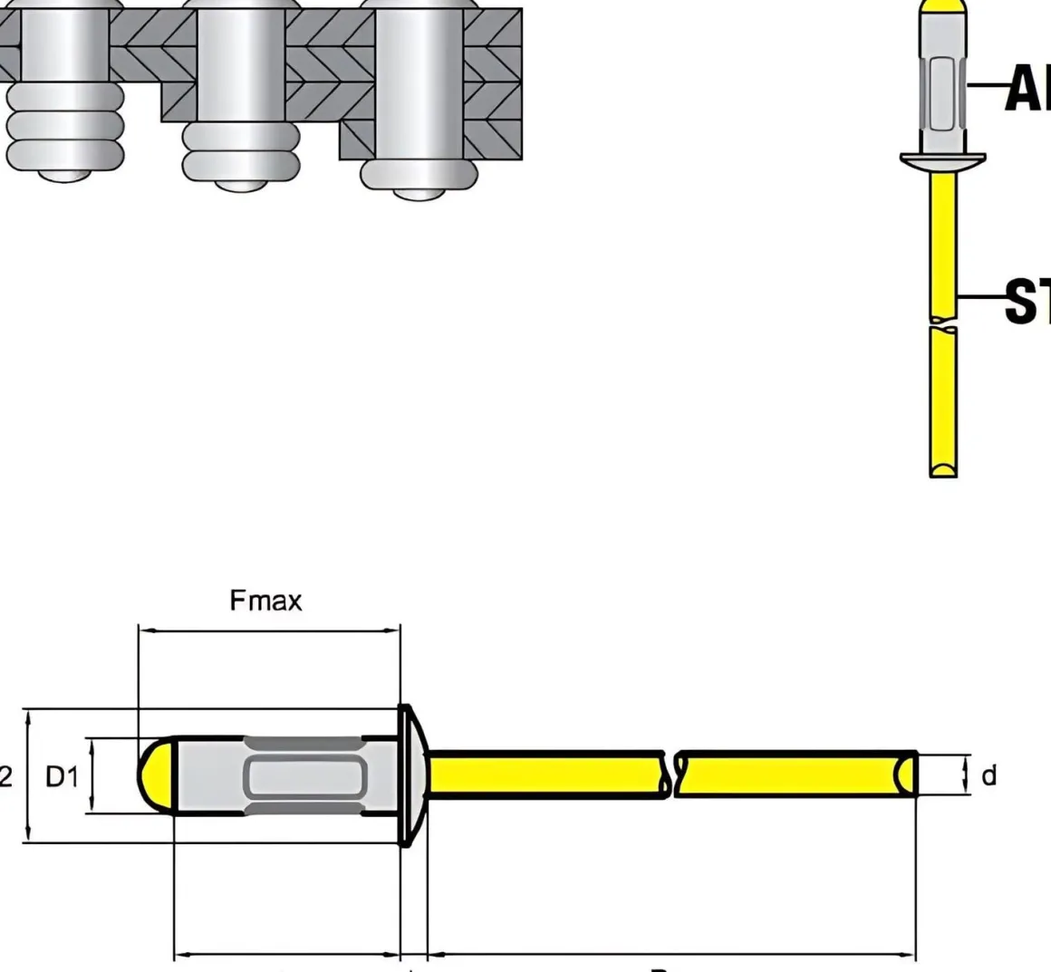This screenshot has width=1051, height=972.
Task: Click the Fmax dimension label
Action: [x=265, y=600]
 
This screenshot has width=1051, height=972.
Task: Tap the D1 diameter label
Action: [x=63, y=776]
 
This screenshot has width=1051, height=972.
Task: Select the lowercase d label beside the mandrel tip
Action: [x=988, y=775]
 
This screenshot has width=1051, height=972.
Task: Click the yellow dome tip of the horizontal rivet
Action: [x=156, y=775]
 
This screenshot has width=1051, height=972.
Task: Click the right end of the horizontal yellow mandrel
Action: [x=906, y=775]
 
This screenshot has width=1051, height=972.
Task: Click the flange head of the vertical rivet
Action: [x=942, y=161]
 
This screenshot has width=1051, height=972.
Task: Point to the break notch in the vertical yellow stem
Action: [x=943, y=322]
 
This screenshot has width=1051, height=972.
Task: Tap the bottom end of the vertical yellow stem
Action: [x=943, y=467]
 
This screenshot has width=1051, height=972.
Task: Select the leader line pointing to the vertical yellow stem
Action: [x=980, y=296]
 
